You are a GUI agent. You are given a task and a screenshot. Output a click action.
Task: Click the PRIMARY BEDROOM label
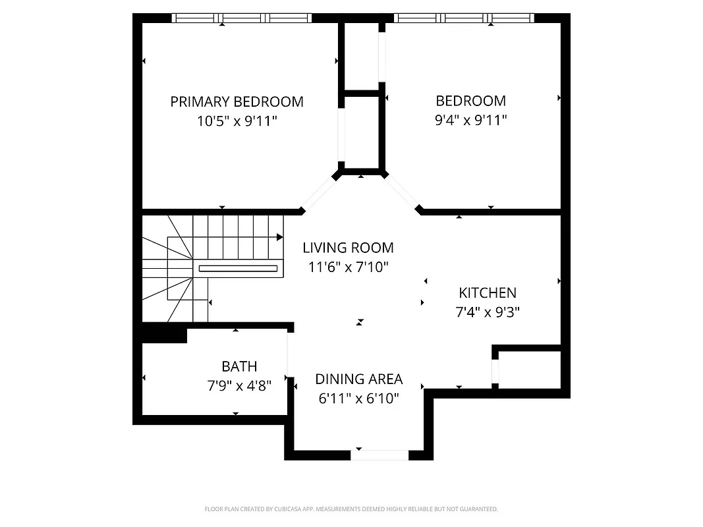pyautogui.click(x=237, y=101)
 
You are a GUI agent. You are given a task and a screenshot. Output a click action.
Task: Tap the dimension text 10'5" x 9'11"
pyautogui.click(x=237, y=121)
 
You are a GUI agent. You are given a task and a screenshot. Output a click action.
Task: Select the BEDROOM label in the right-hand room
pyautogui.click(x=470, y=101)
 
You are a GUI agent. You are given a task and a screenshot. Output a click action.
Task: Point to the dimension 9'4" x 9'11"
pyautogui.click(x=470, y=121)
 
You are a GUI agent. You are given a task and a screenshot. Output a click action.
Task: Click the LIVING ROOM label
pyautogui.click(x=348, y=248)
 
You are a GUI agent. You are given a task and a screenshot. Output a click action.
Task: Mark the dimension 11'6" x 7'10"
pyautogui.click(x=348, y=267)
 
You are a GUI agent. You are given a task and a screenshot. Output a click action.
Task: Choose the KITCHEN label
pyautogui.click(x=488, y=292)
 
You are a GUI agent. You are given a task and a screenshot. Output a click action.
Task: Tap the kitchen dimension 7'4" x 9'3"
pyautogui.click(x=488, y=312)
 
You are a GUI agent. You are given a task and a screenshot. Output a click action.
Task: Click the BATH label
pyautogui.click(x=239, y=366)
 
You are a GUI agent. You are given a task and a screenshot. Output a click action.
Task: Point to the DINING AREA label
pyautogui.click(x=358, y=379)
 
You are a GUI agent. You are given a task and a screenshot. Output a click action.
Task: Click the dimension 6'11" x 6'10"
pyautogui.click(x=358, y=399)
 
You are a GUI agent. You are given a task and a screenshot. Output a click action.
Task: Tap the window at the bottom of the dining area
pyautogui.click(x=380, y=455)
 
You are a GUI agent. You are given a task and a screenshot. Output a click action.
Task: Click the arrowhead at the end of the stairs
pyautogui.click(x=280, y=237)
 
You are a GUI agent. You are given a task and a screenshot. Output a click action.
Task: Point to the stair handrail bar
pyautogui.click(x=238, y=268)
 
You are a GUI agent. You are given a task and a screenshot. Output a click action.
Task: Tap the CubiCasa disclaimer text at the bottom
pyautogui.click(x=351, y=509)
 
